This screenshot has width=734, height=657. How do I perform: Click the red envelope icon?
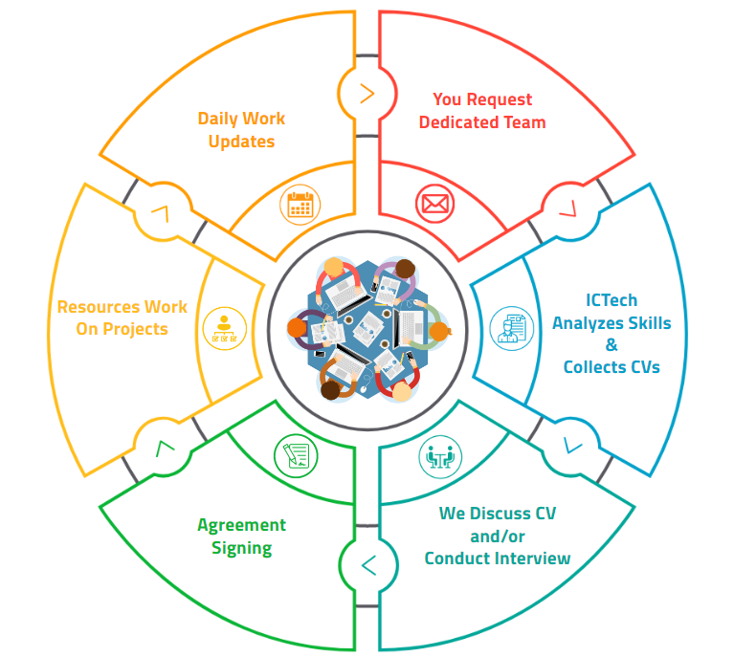pos(434,204)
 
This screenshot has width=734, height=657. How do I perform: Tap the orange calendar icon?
pos(301,204)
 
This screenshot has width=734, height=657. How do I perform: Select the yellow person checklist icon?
pos(223,328)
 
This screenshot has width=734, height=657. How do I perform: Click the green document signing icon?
pos(295,455)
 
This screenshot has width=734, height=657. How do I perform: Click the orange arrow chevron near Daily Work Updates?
pos(367,94)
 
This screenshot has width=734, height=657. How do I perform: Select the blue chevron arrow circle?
pos(572,444)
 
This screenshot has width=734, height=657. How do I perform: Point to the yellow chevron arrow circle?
pos(162,212)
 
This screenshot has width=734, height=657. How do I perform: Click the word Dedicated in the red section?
pos(454,122)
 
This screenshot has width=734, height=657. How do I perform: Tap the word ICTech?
pos(611,300)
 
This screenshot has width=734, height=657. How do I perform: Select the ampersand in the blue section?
pos(612,345)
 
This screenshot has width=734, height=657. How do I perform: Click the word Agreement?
pos(241,525)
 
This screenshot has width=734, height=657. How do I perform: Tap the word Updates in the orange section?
pos(241,142)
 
